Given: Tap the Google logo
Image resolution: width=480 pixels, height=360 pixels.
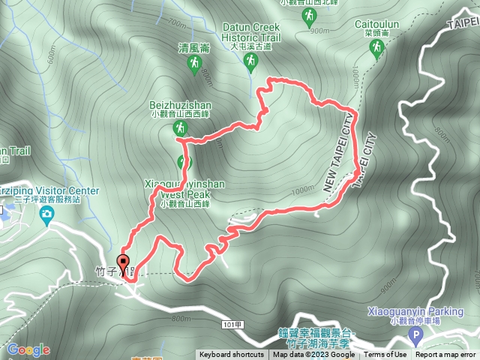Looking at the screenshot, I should (28, 349).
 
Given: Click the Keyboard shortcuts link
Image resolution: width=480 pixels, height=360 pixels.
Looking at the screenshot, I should (231, 355).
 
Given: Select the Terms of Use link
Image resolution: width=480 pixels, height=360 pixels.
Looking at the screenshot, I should (385, 355).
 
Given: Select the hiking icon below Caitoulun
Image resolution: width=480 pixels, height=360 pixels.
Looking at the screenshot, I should (376, 49).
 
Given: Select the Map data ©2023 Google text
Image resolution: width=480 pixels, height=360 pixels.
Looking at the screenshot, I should (313, 355).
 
